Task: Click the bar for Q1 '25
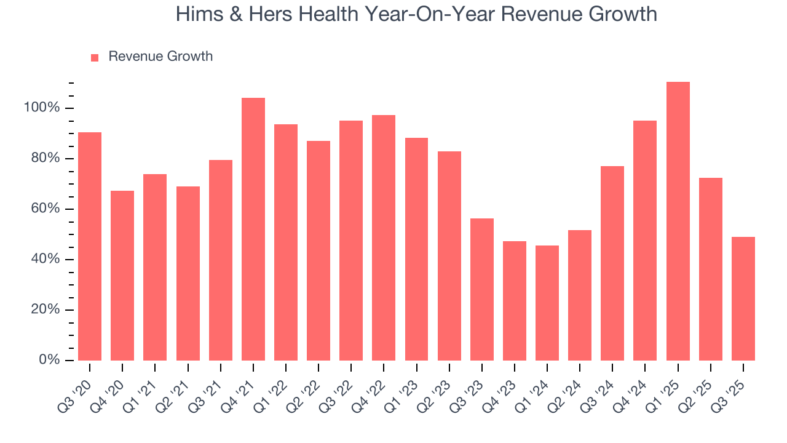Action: click(x=678, y=221)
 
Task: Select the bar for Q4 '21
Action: click(x=253, y=229)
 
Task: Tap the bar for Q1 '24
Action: click(x=547, y=303)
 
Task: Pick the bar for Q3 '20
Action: click(x=90, y=246)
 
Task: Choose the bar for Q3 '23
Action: click(x=481, y=289)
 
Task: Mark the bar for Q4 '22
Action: click(x=384, y=237)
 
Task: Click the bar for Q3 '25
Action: click(x=743, y=298)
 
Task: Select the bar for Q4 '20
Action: click(x=122, y=275)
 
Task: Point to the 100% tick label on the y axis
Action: click(x=42, y=108)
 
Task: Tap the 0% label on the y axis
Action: click(x=49, y=360)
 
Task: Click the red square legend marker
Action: click(x=95, y=57)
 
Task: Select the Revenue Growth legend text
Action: click(x=160, y=57)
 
